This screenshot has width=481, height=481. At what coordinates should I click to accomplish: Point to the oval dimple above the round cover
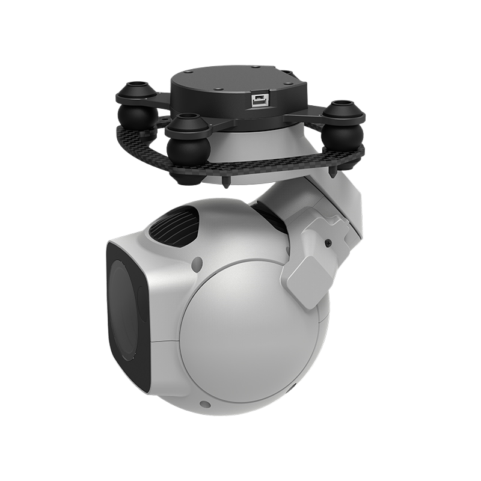pos(197,263)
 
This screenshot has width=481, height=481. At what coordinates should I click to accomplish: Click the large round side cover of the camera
pos(253,343)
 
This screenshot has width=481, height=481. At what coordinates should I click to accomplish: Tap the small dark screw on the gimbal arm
pos(328,243)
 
